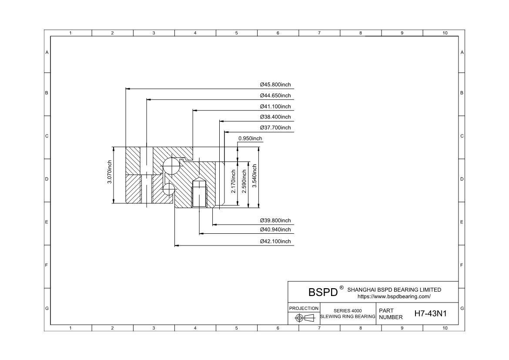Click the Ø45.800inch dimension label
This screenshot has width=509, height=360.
point(275,85)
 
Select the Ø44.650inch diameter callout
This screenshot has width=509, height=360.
point(275,95)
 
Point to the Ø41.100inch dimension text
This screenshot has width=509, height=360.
point(275,107)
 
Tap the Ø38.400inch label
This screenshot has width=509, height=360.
point(275,117)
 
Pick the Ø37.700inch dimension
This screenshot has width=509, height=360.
point(275,128)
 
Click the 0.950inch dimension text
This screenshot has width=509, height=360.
point(250,138)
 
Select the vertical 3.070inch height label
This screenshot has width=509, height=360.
point(110,172)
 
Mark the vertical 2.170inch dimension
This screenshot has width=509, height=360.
point(233,181)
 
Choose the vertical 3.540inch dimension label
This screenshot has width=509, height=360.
point(254,176)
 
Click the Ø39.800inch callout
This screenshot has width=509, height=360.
point(275,221)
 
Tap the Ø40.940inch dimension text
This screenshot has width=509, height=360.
point(275,230)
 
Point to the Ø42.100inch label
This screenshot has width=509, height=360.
point(275,242)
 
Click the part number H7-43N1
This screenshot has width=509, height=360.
point(430,313)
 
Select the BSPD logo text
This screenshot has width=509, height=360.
point(323,292)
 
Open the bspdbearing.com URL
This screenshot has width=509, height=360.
point(394,296)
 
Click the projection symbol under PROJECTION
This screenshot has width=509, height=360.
point(305,318)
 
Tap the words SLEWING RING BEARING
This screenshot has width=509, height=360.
point(348,316)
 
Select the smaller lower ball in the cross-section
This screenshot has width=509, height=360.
point(168,189)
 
